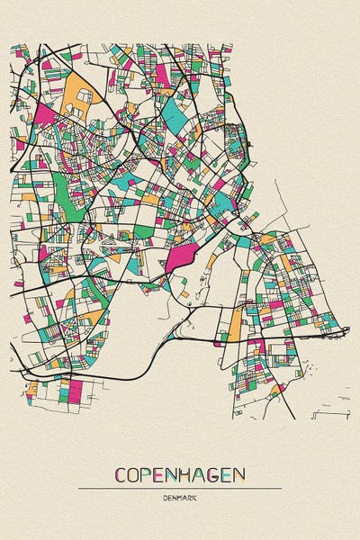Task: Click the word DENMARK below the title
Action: pyautogui.click(x=180, y=498)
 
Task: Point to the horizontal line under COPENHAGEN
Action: pyautogui.click(x=180, y=488)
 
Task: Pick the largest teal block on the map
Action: pyautogui.click(x=174, y=112)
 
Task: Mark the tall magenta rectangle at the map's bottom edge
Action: pyautogui.click(x=76, y=391)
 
